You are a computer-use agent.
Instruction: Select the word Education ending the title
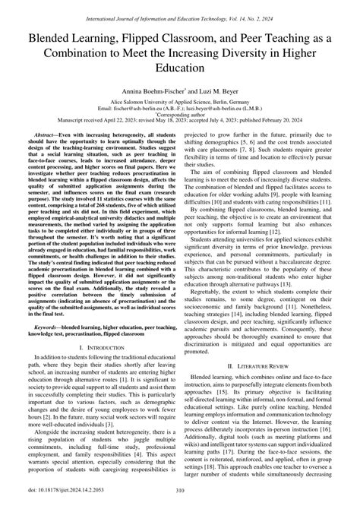pyautogui.click(x=179, y=68)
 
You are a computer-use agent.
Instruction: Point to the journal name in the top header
pyautogui.click(x=179, y=7)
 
